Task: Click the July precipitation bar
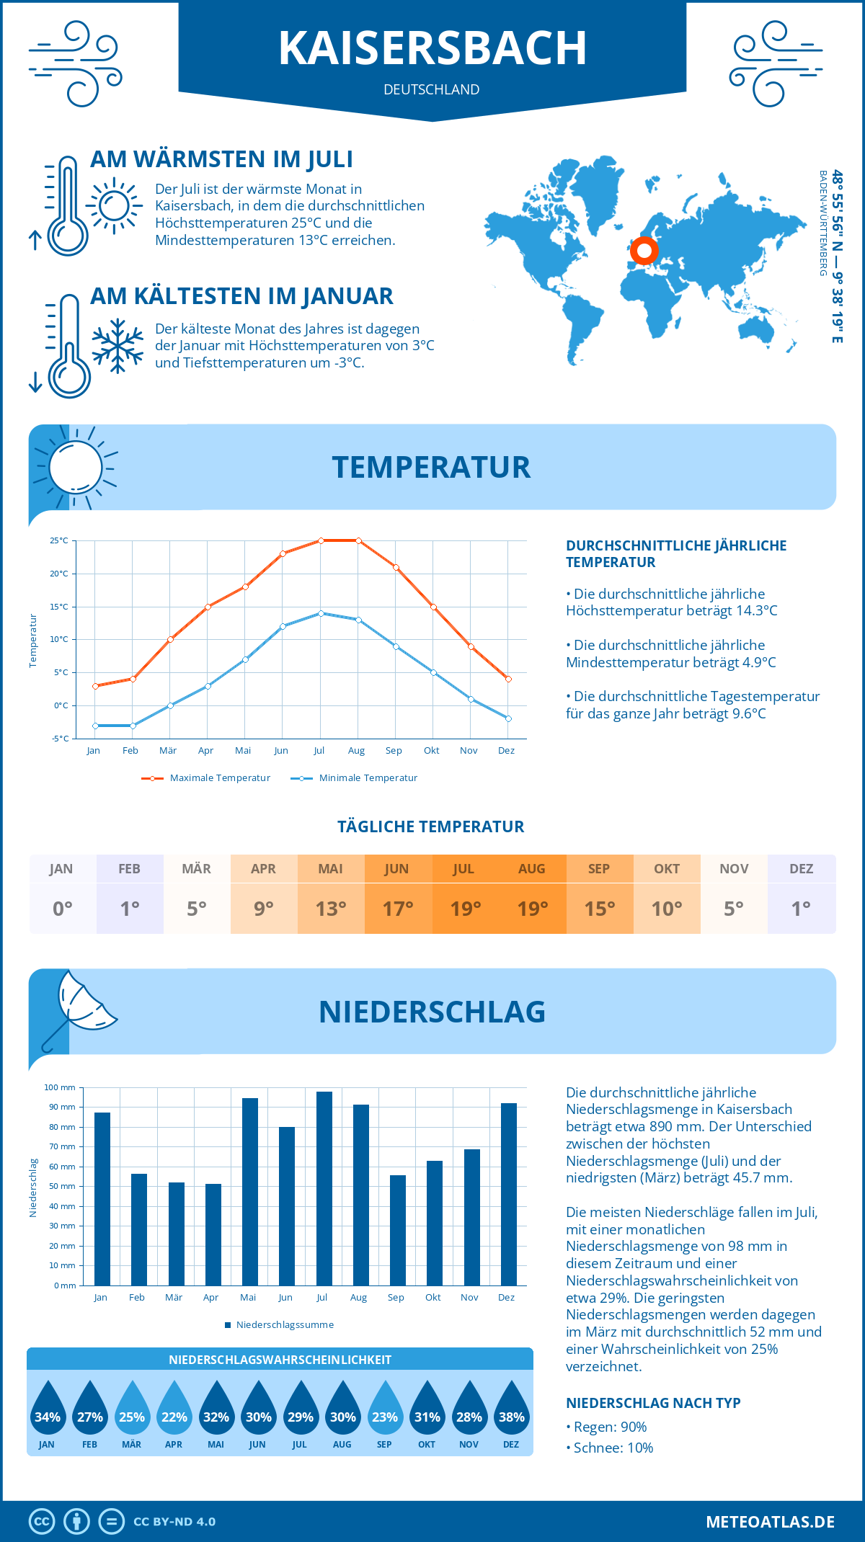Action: pos(324,1189)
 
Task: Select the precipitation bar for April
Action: pos(213,1235)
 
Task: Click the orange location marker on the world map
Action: pos(644,251)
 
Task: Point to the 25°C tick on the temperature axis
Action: pos(59,540)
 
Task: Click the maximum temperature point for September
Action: pos(396,567)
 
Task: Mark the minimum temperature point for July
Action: pos(321,613)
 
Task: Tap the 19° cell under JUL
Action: pos(465,909)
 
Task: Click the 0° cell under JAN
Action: pos(63,909)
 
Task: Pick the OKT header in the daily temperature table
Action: pos(667,869)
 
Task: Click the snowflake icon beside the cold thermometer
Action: pos(117,346)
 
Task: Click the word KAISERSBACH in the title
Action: pos(432,48)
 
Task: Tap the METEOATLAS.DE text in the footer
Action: pos(770,1522)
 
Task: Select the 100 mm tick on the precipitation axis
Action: pos(60,1087)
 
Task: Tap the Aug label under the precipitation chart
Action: pos(358,1297)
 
